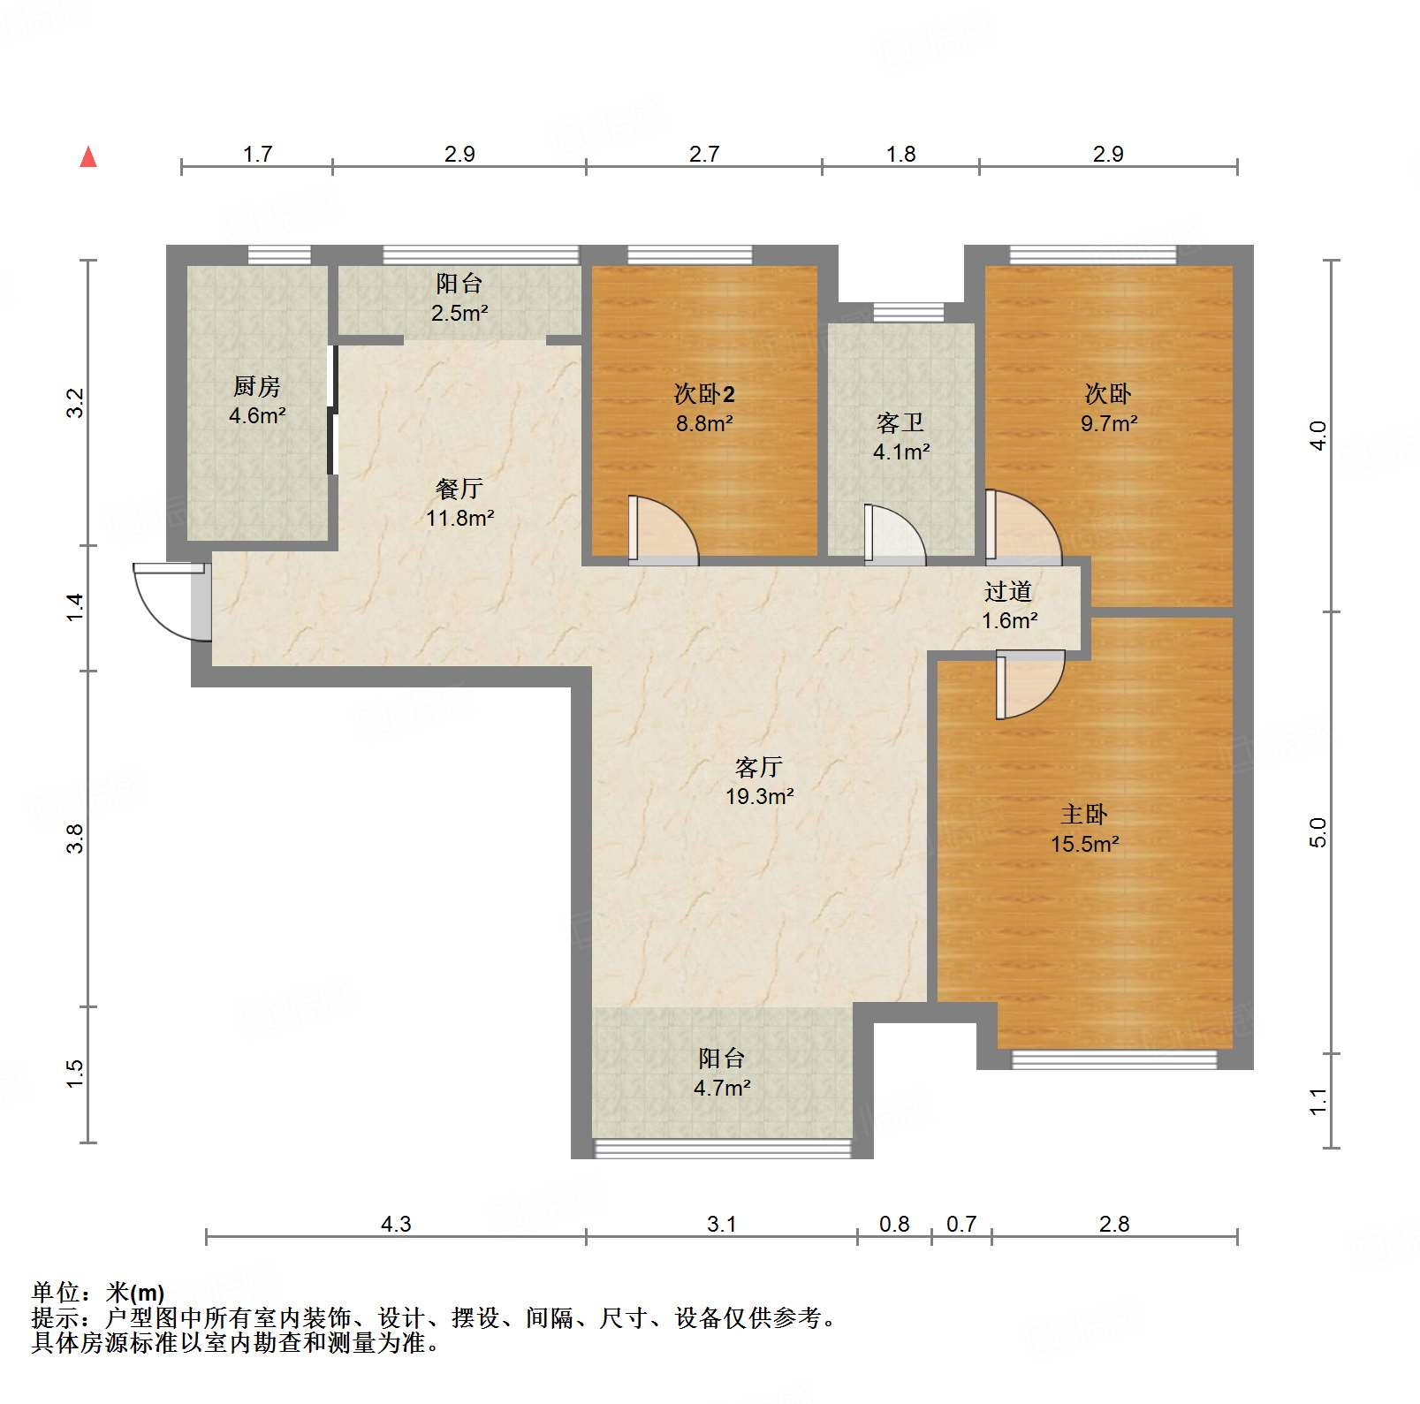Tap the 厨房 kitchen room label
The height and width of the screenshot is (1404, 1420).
pos(257,386)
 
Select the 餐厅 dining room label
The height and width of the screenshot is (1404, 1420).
pos(459,489)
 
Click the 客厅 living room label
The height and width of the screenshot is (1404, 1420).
pos(759,767)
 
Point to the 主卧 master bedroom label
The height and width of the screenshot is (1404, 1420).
pos(1084,814)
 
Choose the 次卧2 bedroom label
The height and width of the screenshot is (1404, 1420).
pos(704,394)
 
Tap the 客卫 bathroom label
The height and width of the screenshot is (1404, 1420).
pos(900,423)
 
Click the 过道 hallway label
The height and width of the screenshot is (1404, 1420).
pos(1009,591)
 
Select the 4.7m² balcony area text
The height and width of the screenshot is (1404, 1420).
pos(722,1088)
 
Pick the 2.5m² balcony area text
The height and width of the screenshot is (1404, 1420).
pos(459,313)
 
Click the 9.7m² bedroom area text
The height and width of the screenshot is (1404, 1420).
pos(1109,423)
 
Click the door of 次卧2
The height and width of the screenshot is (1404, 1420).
pos(663,529)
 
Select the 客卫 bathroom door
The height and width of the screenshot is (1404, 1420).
pos(895,534)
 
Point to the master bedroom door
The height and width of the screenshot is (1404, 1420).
pos(1030,685)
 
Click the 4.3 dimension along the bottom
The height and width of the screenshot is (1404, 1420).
pos(396,1224)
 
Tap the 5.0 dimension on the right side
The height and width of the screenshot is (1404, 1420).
pos(1318,832)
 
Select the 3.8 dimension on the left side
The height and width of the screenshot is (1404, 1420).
pos(76,838)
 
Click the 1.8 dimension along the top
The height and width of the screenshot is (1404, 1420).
pos(900,154)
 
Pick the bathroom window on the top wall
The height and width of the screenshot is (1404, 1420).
pos(908,312)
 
